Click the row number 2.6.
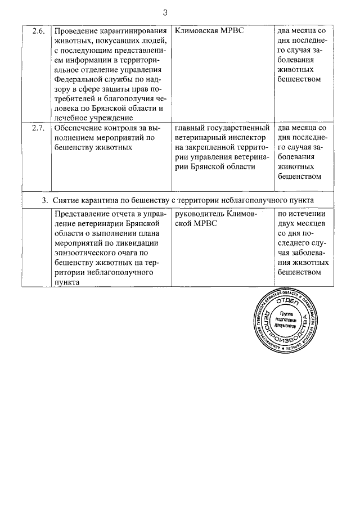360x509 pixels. point(38,29)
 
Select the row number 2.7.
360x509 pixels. point(38,127)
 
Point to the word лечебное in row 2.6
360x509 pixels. point(76,118)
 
